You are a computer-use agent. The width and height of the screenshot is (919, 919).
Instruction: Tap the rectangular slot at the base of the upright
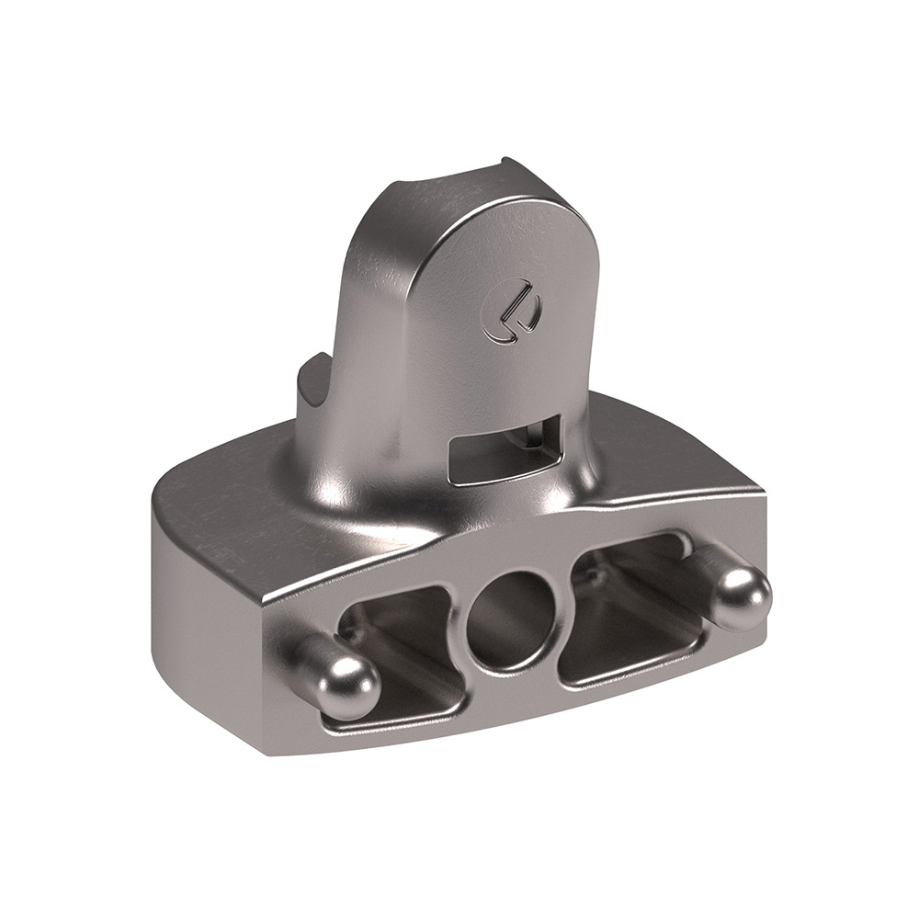coord(501,450)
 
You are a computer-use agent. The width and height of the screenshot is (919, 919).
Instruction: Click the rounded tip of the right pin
coord(744,597)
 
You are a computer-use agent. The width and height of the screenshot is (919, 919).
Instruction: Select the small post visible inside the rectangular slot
coord(524,439)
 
